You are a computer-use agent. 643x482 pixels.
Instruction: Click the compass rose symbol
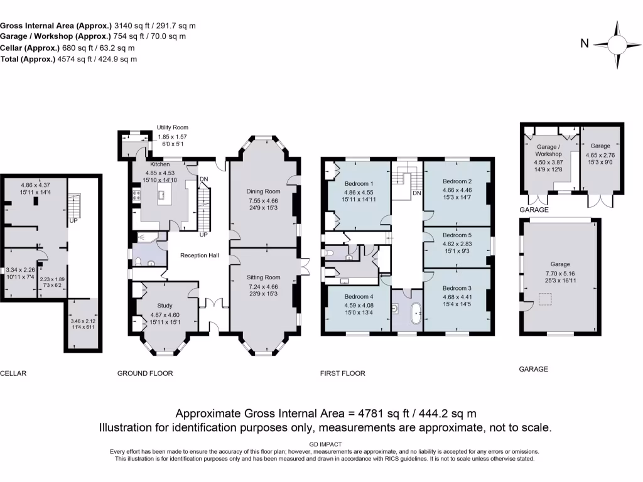[617, 44]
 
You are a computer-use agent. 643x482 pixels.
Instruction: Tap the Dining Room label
[263, 191]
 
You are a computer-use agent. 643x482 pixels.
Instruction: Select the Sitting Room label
[263, 277]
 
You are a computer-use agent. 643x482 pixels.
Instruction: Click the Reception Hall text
[198, 255]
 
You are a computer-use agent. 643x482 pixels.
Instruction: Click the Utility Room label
[172, 127]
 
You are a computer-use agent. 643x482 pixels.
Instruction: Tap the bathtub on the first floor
[415, 313]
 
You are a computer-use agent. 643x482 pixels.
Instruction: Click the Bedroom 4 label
[358, 296]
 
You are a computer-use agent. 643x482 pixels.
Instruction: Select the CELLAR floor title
[13, 373]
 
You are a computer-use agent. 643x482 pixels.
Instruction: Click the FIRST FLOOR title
[342, 373]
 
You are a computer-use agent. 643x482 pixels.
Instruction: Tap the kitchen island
[165, 195]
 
